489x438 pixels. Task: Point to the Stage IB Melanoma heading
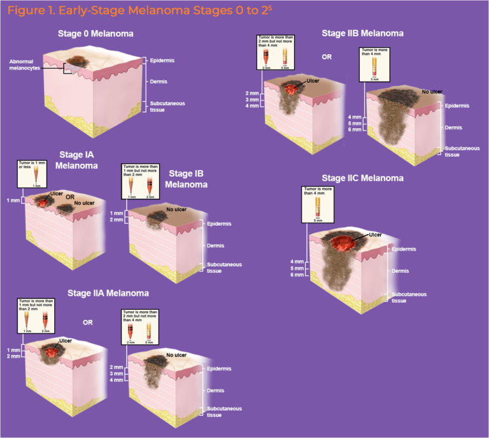click(188, 179)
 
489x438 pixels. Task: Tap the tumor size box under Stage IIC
click(319, 205)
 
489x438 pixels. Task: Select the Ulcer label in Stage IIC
click(375, 235)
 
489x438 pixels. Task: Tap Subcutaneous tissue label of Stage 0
click(164, 106)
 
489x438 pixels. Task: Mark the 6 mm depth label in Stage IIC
click(297, 275)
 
